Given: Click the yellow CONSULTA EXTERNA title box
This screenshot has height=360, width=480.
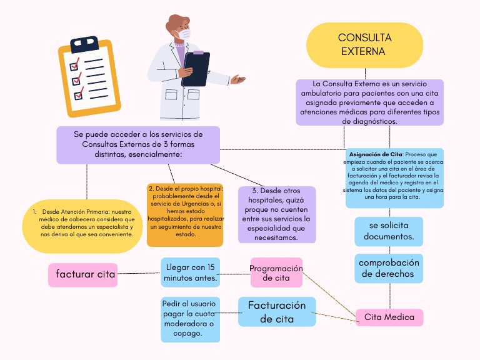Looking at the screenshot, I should pos(364,45).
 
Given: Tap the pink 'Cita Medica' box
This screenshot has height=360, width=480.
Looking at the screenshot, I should pos(389,317).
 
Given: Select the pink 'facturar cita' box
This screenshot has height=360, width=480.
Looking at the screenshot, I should pos(82,274).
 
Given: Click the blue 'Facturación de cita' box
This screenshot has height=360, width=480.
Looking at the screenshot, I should pos(277,311).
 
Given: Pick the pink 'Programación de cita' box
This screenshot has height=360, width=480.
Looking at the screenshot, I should pos(276,273).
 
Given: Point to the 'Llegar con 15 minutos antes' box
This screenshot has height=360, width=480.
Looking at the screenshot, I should pos(191,272).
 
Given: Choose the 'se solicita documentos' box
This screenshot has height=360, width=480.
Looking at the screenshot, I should pos(389,231).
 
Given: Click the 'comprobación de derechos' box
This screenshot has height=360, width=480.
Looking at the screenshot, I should pos(389,269).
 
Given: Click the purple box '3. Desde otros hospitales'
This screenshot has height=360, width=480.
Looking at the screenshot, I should pos(277,214).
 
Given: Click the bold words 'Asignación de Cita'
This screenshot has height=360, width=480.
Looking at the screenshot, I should pos(376,154).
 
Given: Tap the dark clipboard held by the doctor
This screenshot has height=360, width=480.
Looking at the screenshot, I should pos(196,69).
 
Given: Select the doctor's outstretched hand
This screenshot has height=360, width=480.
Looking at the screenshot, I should pos(237,79).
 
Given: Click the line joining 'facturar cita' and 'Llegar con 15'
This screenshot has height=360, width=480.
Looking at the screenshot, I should pos(139,273).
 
